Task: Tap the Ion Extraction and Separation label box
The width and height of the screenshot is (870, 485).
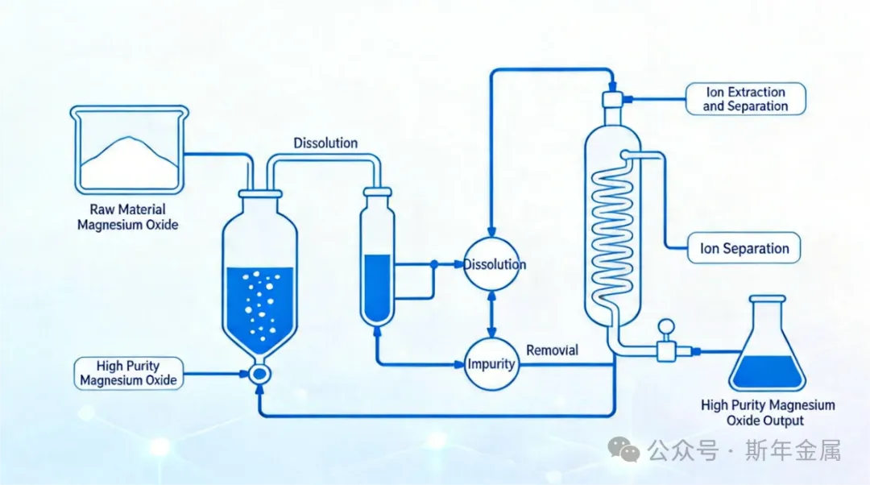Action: [x=745, y=98]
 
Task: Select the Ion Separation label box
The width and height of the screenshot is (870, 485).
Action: [x=744, y=248]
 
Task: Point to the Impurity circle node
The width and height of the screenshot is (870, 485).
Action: [x=491, y=364]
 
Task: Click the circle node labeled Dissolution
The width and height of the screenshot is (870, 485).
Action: [x=491, y=264]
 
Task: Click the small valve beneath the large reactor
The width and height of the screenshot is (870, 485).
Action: [x=259, y=374]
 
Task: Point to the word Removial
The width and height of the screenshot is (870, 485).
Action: [x=552, y=350]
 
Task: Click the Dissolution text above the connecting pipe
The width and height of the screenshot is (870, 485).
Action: [x=325, y=143]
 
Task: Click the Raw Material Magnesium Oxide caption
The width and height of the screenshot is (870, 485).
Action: [x=128, y=218]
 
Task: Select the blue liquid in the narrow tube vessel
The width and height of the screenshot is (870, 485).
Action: [x=377, y=286]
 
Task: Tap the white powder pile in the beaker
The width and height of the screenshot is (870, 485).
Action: [x=129, y=161]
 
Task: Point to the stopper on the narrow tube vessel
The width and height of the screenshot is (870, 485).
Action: [x=377, y=192]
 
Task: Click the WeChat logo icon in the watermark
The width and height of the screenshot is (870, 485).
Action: [x=624, y=450]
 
